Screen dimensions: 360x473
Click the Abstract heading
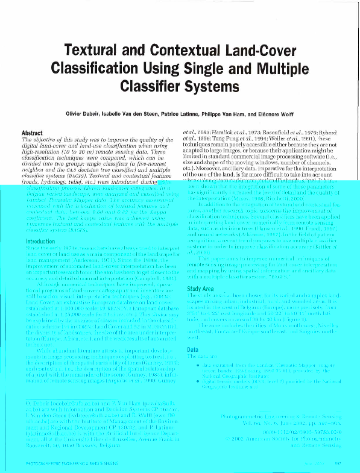point(32,133)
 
